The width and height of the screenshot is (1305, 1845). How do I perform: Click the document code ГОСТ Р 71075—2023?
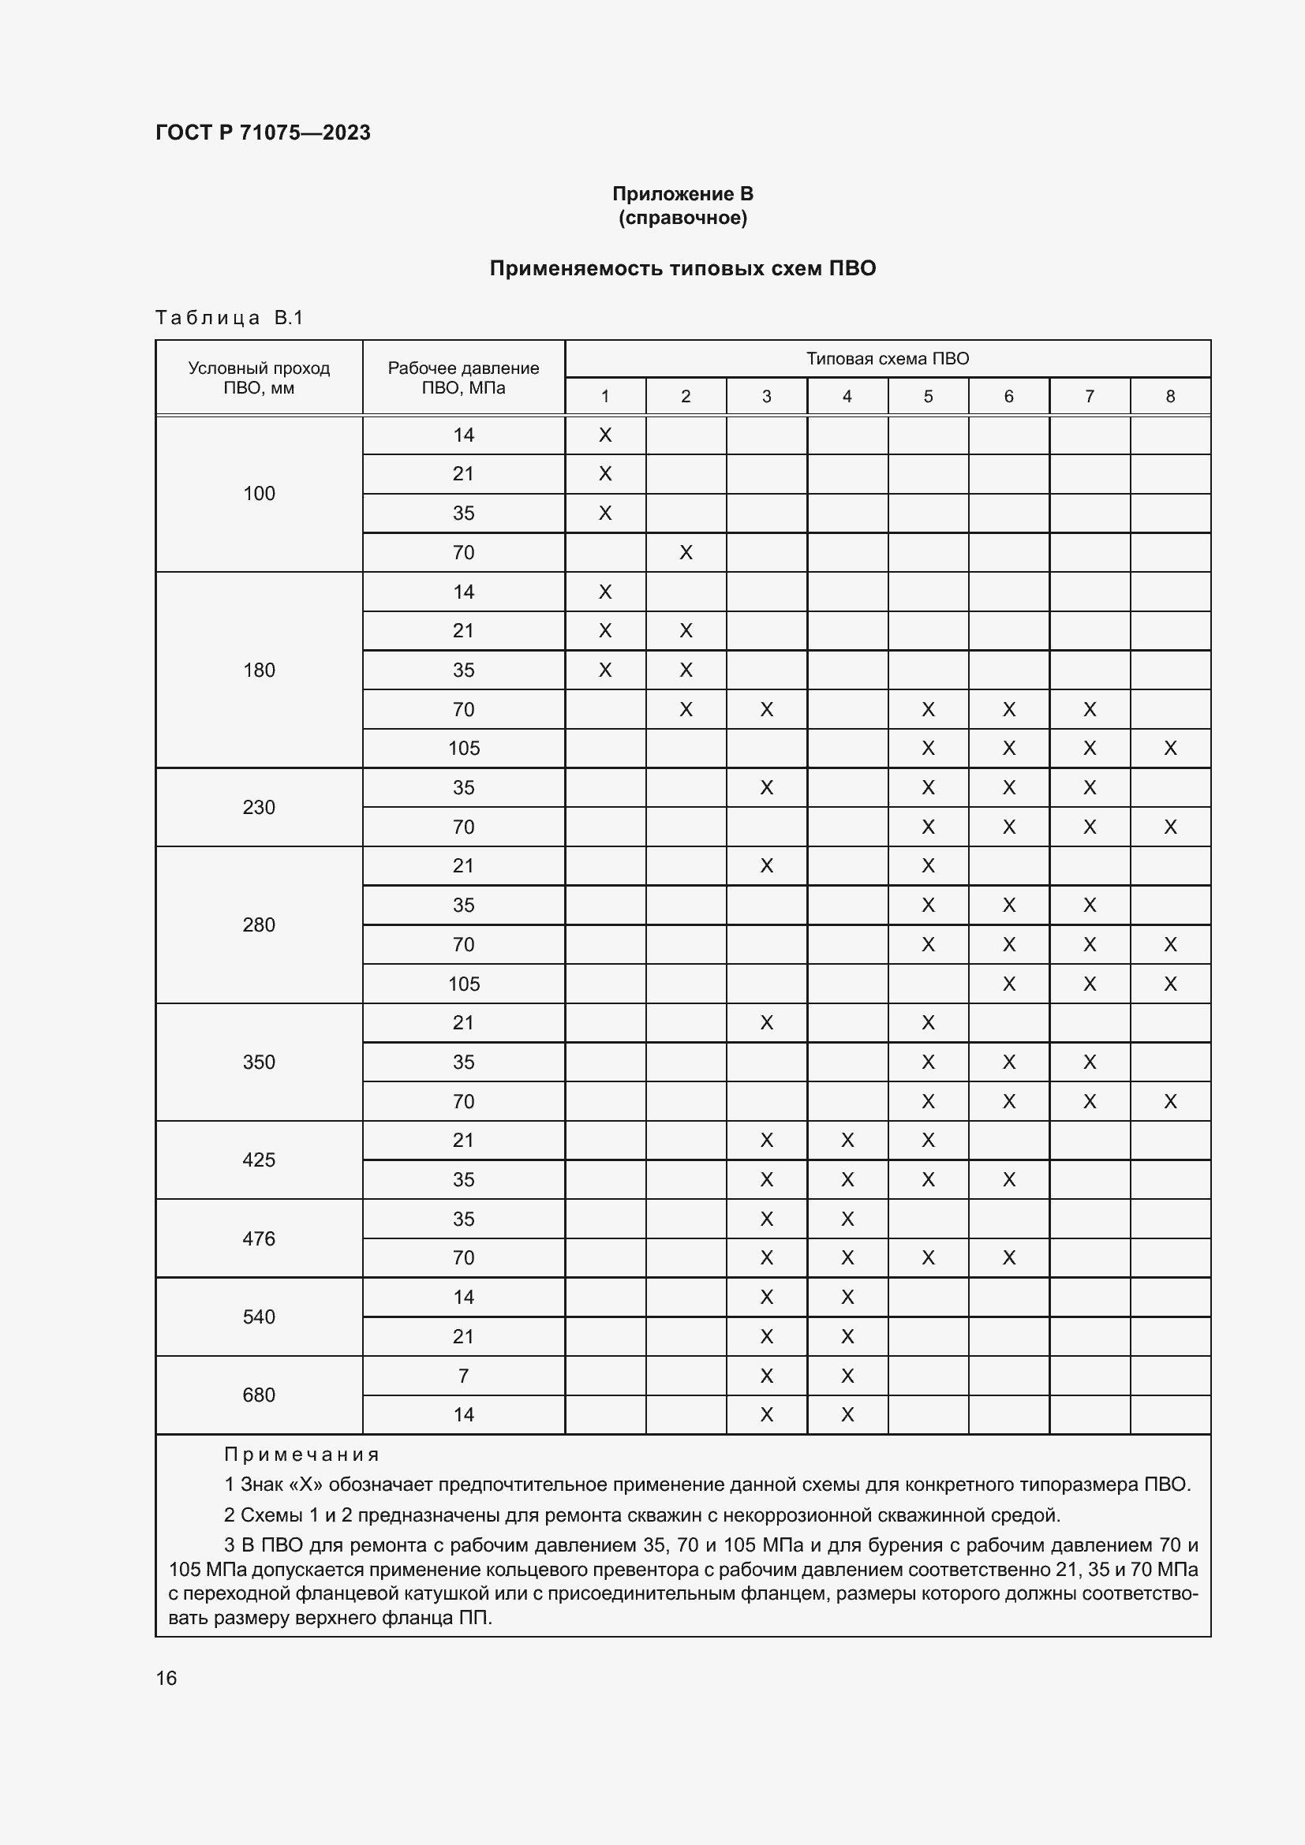coord(263,133)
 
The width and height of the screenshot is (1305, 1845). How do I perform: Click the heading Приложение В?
coord(682,194)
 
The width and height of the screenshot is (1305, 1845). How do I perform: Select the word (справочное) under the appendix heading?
coord(682,218)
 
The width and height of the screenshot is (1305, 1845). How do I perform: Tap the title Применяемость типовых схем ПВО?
coord(682,268)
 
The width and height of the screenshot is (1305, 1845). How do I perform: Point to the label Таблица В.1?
coord(229,318)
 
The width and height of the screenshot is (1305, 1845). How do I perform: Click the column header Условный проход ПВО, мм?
coord(259,378)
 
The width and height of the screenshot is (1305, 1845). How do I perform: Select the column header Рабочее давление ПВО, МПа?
coord(463,378)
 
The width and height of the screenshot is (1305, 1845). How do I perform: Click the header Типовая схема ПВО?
coord(887,358)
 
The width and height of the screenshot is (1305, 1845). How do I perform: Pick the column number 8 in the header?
coord(1170,396)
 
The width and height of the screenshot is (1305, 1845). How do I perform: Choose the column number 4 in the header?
coord(847,396)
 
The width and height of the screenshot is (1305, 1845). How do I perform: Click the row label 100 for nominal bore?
coord(259,493)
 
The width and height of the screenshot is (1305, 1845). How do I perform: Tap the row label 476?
coord(259,1238)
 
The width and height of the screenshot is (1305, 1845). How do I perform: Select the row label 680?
coord(259,1395)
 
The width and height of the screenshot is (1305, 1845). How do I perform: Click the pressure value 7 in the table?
coord(463,1376)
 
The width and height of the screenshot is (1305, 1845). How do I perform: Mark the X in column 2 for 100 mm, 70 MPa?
coord(686,553)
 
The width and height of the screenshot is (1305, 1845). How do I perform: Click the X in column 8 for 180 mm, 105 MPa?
coord(1170,749)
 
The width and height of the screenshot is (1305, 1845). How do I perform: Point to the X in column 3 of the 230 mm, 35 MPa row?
coord(767,787)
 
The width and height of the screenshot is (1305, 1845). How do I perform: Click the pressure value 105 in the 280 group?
coord(463,984)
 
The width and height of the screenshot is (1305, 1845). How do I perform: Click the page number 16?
coord(166,1679)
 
